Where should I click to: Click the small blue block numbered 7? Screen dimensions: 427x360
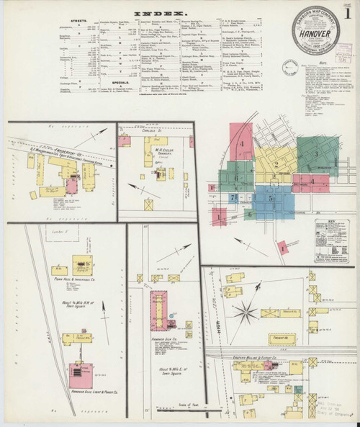(233, 197)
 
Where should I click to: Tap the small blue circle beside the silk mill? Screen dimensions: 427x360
(172, 315)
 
